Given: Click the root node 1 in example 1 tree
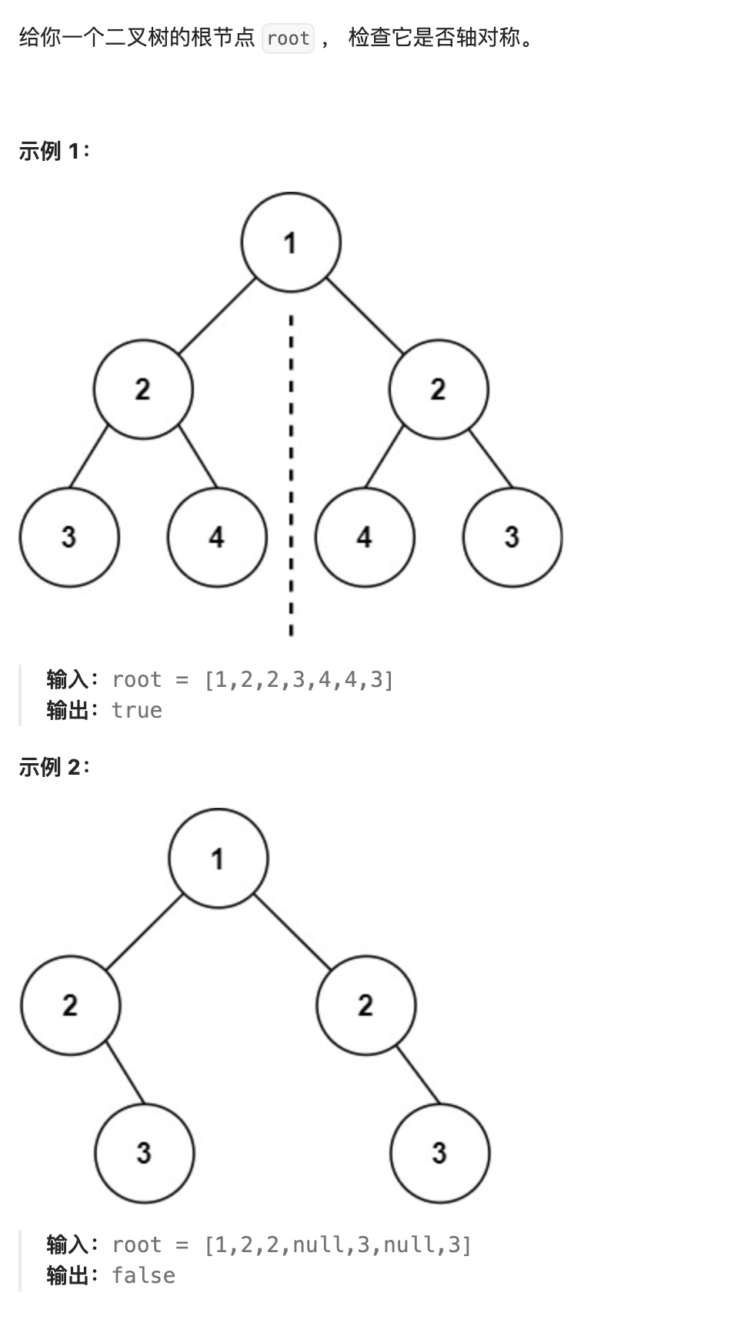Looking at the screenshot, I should tap(291, 242).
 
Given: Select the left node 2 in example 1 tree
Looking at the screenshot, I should tap(143, 390).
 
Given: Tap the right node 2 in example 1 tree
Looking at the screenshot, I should tap(439, 390).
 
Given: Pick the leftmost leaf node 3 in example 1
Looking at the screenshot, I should tap(69, 538).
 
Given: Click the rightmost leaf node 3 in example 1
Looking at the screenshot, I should tap(512, 538).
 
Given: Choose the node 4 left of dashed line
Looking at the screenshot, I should tap(217, 538).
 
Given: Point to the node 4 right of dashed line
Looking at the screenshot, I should tap(365, 538).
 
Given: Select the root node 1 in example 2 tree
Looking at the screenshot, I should tap(219, 858).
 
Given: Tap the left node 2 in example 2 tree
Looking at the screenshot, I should tap(71, 1006).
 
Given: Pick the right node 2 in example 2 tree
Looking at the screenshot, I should tap(366, 1006).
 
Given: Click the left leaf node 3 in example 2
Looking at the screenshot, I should tap(145, 1154).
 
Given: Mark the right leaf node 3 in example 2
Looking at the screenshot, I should tap(440, 1154).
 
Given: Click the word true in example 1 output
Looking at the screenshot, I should tap(137, 710).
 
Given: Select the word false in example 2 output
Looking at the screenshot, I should tap(143, 1275).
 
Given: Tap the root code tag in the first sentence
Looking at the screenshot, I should tap(288, 38).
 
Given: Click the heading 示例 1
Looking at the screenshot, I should tap(54, 151).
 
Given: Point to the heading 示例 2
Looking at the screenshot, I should tap(54, 767).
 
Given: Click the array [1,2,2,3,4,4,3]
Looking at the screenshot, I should tap(299, 679).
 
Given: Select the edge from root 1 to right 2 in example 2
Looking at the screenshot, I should tap(292, 932).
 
